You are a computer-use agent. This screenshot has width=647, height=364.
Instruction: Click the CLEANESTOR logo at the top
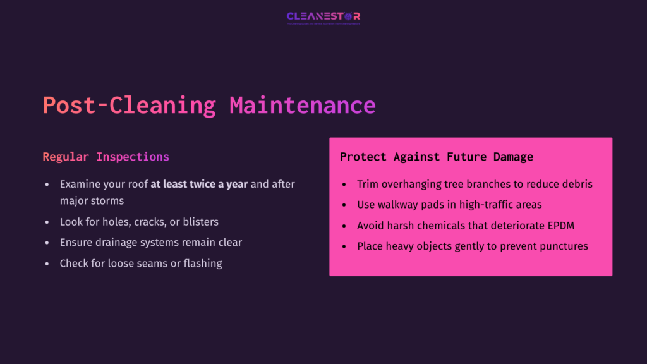click(x=323, y=16)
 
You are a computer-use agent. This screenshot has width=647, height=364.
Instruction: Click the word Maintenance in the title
click(x=302, y=105)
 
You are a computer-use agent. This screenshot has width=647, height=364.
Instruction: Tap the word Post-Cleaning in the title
click(x=129, y=105)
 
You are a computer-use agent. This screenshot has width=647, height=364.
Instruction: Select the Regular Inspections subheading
click(x=106, y=157)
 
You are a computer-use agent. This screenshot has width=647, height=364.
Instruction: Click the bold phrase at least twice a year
click(x=199, y=185)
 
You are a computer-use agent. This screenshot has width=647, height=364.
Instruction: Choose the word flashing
click(x=202, y=264)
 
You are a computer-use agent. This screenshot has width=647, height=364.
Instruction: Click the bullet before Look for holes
click(x=47, y=222)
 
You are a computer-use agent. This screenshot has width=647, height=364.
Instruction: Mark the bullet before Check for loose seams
click(x=47, y=264)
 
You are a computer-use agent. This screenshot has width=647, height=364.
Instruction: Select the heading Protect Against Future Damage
click(x=437, y=157)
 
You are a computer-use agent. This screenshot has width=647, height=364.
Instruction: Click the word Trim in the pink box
click(x=368, y=185)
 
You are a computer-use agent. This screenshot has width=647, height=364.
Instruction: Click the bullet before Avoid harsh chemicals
click(x=344, y=226)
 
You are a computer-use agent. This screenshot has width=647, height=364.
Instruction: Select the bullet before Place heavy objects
click(x=344, y=246)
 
